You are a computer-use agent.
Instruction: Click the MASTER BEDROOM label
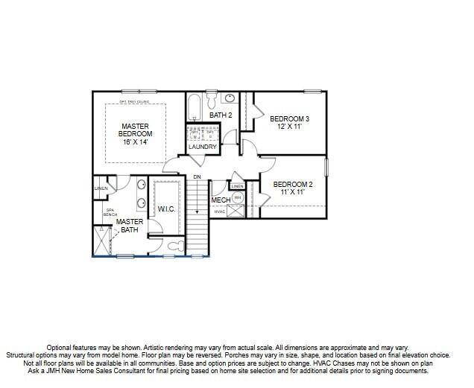(135, 130)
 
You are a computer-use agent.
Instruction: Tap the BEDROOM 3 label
(289, 119)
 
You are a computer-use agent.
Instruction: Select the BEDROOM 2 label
(292, 184)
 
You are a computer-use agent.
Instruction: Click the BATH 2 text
(221, 115)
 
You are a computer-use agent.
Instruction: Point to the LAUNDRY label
(203, 147)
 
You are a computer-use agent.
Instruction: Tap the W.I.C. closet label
(166, 209)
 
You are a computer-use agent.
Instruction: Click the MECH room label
(221, 200)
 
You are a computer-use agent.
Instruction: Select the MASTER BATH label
(129, 226)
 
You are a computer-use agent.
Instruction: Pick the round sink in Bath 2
(230, 98)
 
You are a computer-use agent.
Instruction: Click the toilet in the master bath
(174, 245)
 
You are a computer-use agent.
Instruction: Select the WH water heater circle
(238, 198)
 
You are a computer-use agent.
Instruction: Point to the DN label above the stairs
(197, 176)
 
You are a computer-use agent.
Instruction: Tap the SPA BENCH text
(110, 213)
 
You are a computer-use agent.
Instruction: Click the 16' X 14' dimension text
(135, 141)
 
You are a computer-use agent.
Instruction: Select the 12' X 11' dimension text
(289, 127)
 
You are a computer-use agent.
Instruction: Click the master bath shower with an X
(102, 240)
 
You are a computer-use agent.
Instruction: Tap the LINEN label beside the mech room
(237, 185)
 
